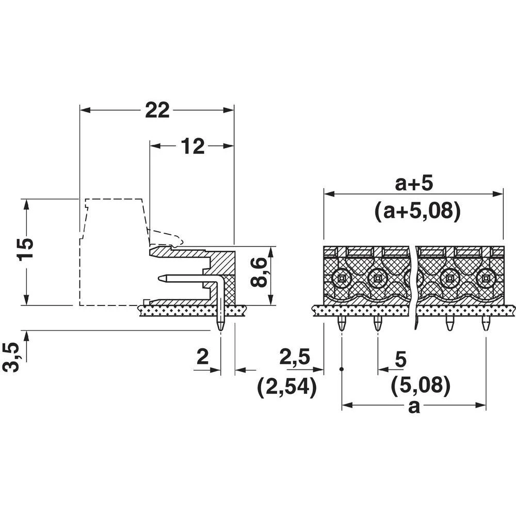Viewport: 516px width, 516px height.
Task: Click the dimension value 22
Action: pyautogui.click(x=157, y=110)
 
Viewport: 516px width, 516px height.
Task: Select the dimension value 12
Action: pyautogui.click(x=193, y=146)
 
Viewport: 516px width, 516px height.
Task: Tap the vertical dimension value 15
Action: pyautogui.click(x=25, y=249)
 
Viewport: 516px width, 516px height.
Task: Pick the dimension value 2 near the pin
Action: pyautogui.click(x=203, y=357)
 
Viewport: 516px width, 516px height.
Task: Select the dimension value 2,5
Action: pyautogui.click(x=295, y=357)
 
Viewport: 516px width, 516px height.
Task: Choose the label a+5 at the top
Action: pyautogui.click(x=414, y=184)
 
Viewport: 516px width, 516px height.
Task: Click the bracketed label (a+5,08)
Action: pyautogui.click(x=417, y=211)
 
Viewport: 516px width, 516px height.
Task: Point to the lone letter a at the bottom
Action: pyautogui.click(x=414, y=407)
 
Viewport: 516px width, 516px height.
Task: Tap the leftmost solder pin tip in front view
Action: pyautogui.click(x=342, y=329)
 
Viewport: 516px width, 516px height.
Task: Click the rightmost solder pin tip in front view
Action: pyautogui.click(x=486, y=329)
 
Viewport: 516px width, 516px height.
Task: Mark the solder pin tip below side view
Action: pyautogui.click(x=220, y=329)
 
